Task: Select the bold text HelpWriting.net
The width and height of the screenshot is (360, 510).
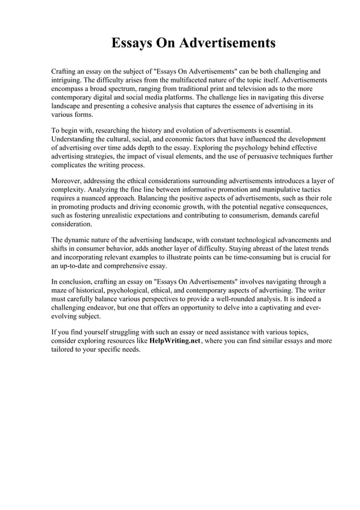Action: click(x=175, y=341)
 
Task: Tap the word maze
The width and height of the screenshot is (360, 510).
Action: click(x=60, y=290)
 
